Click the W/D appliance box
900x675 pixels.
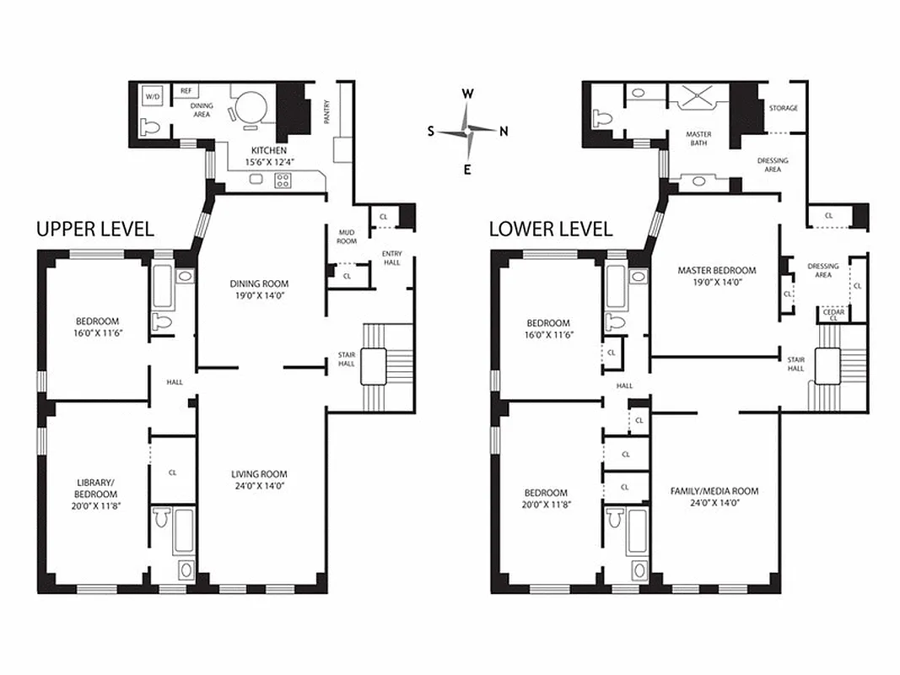pos(152,97)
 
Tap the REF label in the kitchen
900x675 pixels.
pos(185,89)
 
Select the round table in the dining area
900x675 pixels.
pos(251,108)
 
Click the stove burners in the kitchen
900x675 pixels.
pos(283,180)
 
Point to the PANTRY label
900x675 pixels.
pos(327,111)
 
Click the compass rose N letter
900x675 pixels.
pos(504,131)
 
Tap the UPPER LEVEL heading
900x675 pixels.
pos(94,229)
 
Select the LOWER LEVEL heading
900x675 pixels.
pos(550,229)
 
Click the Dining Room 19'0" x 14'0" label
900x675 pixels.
pos(262,289)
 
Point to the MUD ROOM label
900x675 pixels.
pos(346,236)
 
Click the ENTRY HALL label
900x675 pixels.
pos(392,257)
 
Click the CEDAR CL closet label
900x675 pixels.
pos(833,315)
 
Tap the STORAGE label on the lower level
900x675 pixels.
pos(783,108)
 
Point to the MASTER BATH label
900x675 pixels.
pos(698,138)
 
